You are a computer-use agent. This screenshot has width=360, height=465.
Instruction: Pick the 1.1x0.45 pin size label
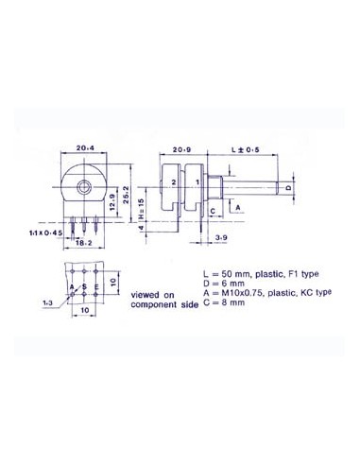[43, 231]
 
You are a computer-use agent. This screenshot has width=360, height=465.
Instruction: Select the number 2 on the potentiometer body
[174, 182]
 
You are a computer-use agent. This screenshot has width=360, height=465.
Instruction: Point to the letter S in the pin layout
[85, 286]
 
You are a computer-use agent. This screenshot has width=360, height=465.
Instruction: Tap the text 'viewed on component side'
[153, 301]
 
